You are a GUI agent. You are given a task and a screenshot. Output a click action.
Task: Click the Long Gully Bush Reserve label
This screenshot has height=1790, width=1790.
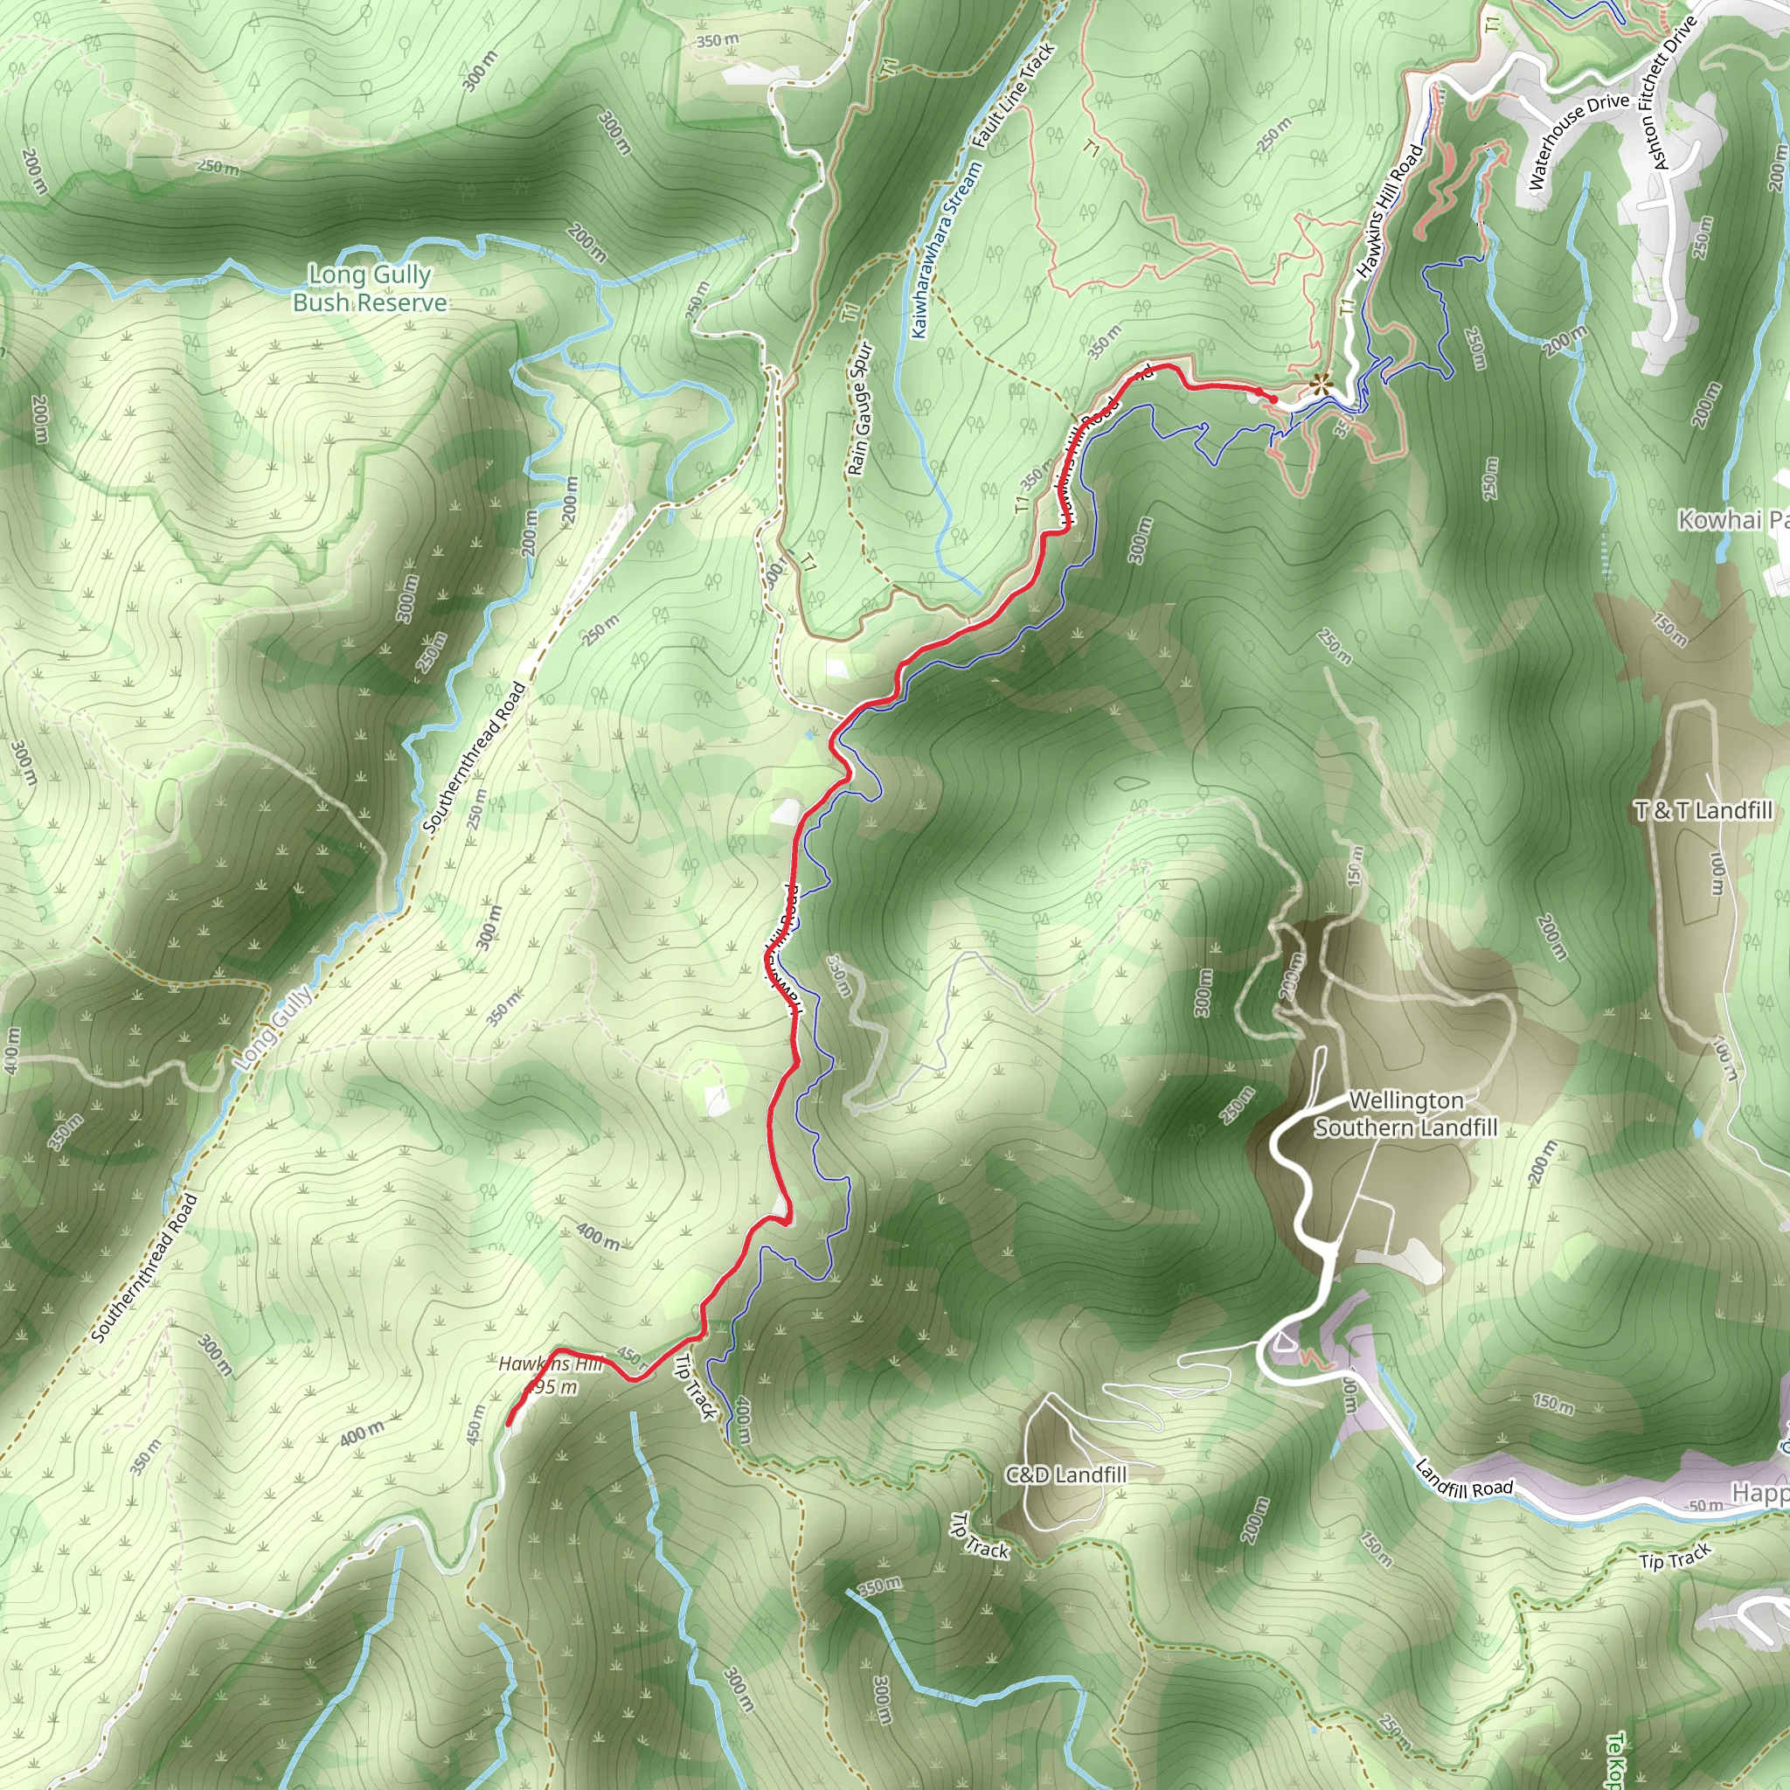[x=370, y=288]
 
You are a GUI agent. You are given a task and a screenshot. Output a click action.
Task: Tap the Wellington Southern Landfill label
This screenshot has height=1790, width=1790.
[x=1405, y=1114]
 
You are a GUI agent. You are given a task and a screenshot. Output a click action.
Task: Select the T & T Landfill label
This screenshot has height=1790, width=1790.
[x=1703, y=811]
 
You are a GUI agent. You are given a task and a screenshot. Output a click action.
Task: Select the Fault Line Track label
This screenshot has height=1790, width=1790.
[x=1014, y=95]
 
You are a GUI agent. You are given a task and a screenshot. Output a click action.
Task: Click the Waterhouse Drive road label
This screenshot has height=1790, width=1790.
[x=1578, y=141]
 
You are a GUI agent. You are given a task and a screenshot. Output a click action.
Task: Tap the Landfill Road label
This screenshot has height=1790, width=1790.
[x=1464, y=1480]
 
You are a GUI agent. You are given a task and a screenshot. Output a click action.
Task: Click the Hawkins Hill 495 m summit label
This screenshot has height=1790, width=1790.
[x=551, y=1375]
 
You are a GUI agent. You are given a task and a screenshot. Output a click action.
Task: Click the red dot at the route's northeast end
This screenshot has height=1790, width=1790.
[x=1273, y=399]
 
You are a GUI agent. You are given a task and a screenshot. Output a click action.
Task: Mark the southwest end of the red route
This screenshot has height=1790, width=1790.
[x=510, y=1422]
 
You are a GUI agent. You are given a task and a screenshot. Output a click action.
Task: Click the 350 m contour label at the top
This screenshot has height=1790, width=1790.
[x=718, y=41]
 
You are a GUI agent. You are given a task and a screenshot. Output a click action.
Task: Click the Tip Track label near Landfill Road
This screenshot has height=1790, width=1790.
[x=1676, y=1558]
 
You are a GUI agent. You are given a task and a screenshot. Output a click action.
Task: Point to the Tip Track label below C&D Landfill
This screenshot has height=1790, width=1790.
[x=979, y=1537]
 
